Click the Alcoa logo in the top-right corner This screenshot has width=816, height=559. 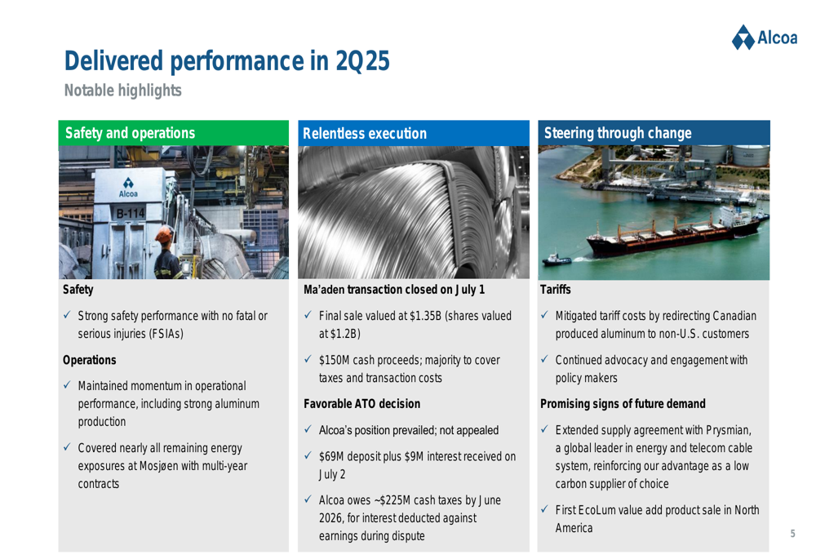764,38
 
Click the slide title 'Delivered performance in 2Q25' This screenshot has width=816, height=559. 227,61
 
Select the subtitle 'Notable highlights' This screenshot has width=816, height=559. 123,91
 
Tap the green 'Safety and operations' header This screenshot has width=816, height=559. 173,133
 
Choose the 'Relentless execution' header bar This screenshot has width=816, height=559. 414,133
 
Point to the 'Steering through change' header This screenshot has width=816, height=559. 654,133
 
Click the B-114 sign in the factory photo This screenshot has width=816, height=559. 130,213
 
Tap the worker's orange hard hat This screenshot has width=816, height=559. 165,235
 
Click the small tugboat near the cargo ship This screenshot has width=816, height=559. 556,259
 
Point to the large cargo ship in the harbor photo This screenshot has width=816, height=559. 675,233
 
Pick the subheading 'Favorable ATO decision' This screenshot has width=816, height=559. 361,404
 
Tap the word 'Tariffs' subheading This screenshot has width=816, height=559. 555,290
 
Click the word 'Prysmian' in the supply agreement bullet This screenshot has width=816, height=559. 729,430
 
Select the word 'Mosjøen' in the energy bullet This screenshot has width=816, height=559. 159,466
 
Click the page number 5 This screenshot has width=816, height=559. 792,534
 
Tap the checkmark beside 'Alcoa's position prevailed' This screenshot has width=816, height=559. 308,429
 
